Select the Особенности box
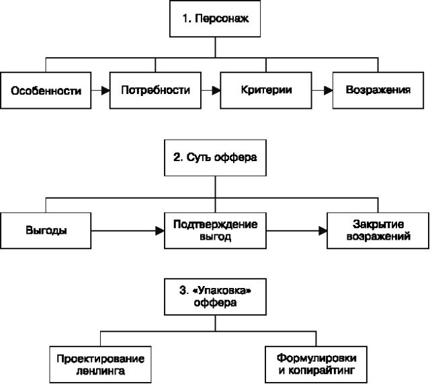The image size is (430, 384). [x=46, y=90]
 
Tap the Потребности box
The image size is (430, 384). [x=156, y=90]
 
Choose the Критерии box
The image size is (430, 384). [x=266, y=90]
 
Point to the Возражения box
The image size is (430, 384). [x=377, y=90]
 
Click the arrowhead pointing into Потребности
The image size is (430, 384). [x=106, y=90]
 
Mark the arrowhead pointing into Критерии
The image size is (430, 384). [x=216, y=90]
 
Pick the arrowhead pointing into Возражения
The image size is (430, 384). [x=327, y=90]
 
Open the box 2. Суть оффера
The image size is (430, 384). [x=215, y=158]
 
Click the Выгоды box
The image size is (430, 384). [x=46, y=230]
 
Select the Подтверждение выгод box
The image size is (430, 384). [x=215, y=230]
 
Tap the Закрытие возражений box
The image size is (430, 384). [x=377, y=230]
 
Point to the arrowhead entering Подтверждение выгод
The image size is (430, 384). [x=160, y=230]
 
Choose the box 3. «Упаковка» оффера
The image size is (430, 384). [x=215, y=297]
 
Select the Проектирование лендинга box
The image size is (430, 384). [x=101, y=363]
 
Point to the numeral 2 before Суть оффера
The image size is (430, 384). [x=176, y=158]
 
